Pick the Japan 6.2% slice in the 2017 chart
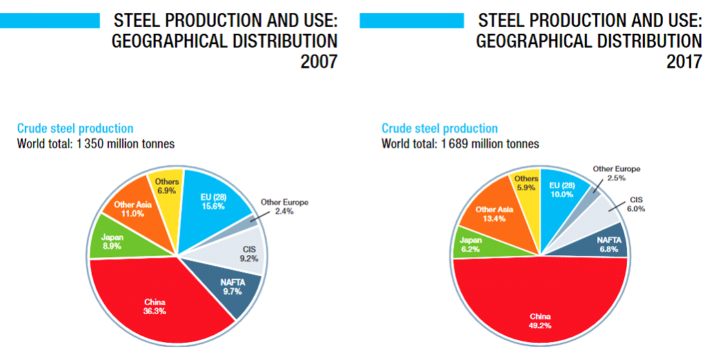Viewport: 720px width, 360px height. coord(472,245)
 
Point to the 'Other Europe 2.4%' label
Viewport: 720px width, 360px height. coord(284,207)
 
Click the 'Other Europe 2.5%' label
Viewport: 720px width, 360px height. coord(616,173)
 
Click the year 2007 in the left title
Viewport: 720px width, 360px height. coord(319,62)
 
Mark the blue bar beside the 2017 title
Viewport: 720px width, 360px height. coord(412,21)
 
